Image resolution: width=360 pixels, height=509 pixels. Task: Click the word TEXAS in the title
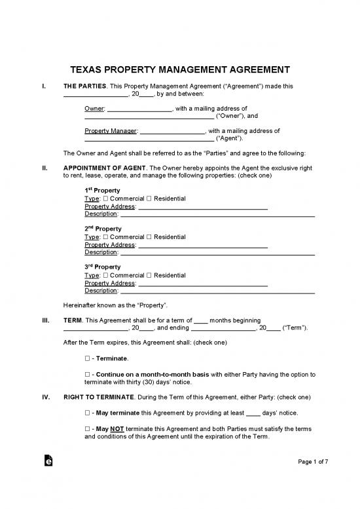[90, 69]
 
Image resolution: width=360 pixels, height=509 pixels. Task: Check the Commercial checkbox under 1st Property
[106, 198]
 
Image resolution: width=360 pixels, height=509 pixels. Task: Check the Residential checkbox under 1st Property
[149, 198]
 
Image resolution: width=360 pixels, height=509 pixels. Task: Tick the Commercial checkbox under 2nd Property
[106, 237]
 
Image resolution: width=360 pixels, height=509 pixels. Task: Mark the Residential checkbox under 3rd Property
[149, 276]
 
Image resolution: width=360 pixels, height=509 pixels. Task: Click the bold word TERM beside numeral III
[72, 320]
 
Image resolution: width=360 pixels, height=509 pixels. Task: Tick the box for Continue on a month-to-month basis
[88, 375]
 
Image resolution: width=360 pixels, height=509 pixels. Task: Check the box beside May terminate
[88, 413]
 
